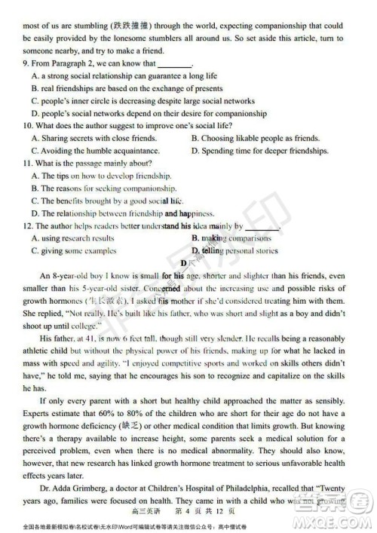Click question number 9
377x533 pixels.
click(x=26, y=65)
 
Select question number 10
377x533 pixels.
click(x=27, y=126)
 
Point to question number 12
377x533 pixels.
click(x=27, y=225)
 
